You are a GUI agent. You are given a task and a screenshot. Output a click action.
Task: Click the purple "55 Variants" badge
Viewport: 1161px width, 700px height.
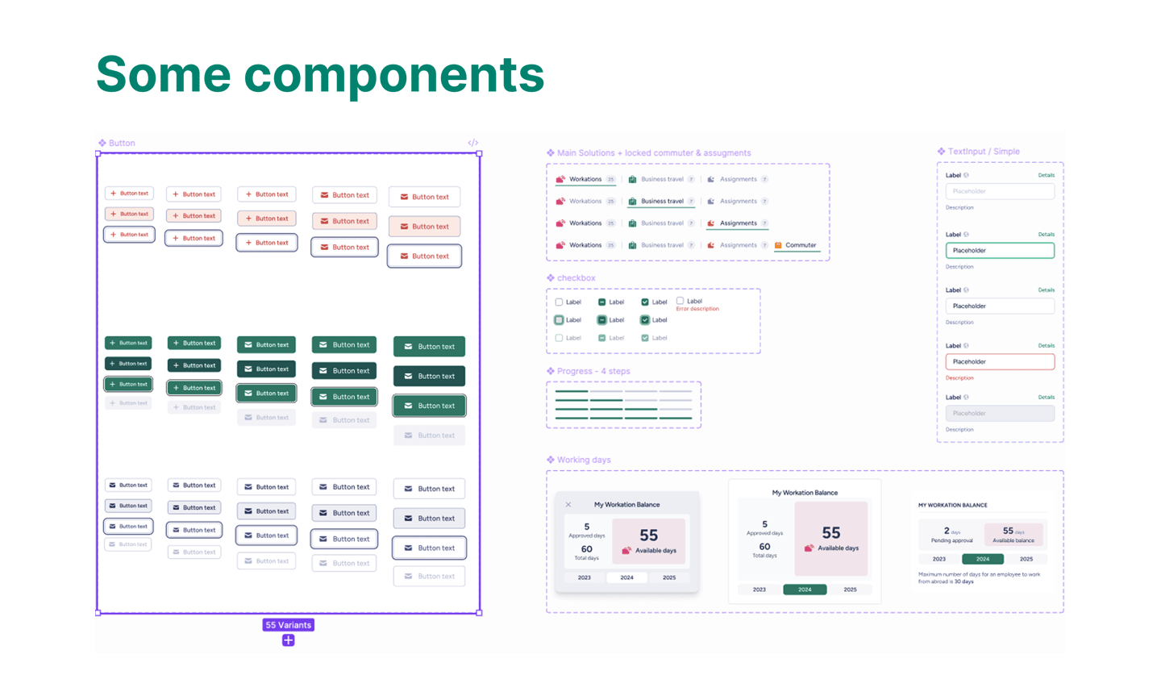(288, 625)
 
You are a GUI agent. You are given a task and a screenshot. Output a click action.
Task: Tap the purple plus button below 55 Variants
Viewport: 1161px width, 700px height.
(288, 640)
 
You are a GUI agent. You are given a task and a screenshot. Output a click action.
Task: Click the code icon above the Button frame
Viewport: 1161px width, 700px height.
(473, 143)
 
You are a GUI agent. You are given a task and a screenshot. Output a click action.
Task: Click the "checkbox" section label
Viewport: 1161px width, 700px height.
(576, 278)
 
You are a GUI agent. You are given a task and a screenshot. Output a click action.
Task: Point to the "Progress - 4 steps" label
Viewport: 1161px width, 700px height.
(593, 372)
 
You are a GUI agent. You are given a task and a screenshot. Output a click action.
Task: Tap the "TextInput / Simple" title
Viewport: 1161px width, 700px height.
(983, 152)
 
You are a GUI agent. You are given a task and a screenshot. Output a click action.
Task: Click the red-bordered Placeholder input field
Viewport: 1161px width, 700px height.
(1000, 362)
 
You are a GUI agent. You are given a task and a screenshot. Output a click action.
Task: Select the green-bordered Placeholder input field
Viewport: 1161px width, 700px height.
(1000, 251)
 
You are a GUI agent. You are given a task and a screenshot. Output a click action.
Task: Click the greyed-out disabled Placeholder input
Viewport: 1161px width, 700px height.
(1000, 414)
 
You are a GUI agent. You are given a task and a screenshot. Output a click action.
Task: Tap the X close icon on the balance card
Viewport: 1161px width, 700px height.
(568, 505)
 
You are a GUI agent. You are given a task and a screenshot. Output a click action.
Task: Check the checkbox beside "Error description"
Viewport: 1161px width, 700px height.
(680, 301)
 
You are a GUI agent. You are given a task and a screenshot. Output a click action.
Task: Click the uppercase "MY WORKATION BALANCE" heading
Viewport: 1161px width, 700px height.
(952, 506)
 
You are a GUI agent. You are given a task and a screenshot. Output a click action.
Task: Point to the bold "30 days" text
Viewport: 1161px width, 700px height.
(962, 581)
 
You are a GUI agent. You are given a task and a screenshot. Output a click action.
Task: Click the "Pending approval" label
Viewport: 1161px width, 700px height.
(951, 541)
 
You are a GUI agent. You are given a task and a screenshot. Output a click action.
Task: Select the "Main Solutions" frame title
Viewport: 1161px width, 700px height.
(653, 153)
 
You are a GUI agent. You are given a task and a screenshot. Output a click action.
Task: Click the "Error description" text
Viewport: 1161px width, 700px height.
(697, 309)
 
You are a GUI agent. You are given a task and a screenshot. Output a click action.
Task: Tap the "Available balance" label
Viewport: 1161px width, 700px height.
(1013, 541)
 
